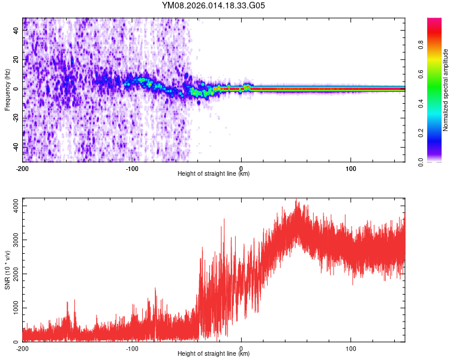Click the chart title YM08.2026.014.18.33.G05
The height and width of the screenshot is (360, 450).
pyautogui.click(x=214, y=5)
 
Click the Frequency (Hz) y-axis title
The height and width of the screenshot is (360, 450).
pyautogui.click(x=7, y=89)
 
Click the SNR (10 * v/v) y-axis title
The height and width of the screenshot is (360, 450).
pyautogui.click(x=7, y=269)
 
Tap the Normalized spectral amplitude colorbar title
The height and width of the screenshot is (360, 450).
pyautogui.click(x=446, y=89)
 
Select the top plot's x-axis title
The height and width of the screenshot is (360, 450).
pyautogui.click(x=214, y=174)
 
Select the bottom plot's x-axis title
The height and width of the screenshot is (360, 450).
pyautogui.click(x=214, y=354)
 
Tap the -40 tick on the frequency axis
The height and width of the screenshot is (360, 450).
pyautogui.click(x=15, y=146)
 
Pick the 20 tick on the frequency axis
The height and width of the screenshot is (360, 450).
pyautogui.click(x=16, y=60)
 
